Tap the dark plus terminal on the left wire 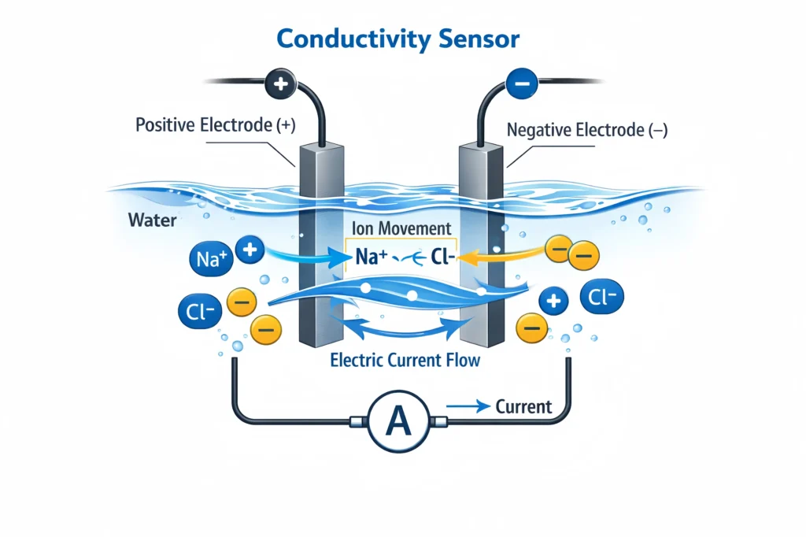pyautogui.click(x=281, y=83)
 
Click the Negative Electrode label pyautogui.click(x=587, y=131)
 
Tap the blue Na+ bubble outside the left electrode pyautogui.click(x=209, y=257)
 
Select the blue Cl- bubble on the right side pyautogui.click(x=602, y=298)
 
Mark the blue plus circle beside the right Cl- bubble pyautogui.click(x=553, y=300)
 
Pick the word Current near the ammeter pyautogui.click(x=523, y=407)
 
